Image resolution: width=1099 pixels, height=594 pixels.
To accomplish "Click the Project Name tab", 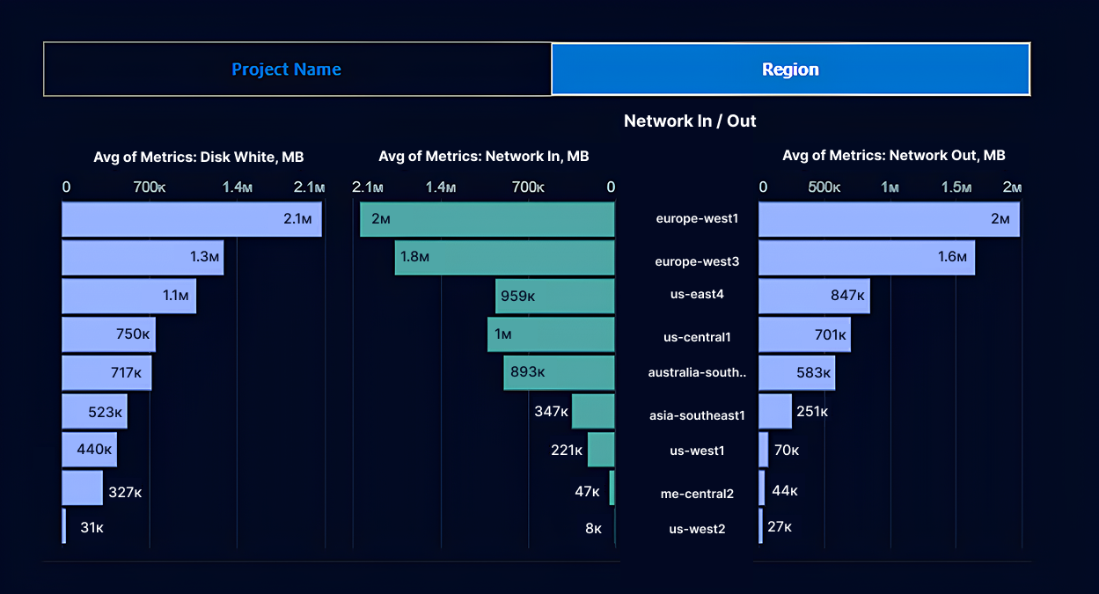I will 286,70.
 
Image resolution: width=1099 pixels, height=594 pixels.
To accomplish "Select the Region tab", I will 790,70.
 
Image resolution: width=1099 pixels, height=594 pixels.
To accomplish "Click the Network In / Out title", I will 690,121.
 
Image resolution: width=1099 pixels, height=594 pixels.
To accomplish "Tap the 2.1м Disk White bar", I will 191,219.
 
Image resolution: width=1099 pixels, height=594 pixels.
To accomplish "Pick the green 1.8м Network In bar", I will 504,257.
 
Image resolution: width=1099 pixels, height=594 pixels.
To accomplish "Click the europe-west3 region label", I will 697,261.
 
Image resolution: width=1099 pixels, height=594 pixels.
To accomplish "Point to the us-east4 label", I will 697,294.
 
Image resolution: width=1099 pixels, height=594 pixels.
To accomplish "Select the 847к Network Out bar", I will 814,296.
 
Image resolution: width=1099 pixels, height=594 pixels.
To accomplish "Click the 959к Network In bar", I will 554,296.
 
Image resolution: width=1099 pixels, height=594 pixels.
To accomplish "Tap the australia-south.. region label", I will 697,372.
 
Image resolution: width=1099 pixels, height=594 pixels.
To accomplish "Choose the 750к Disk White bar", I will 108,334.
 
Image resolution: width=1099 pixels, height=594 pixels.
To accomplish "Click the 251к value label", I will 812,412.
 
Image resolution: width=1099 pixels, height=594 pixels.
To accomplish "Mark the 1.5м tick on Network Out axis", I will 956,187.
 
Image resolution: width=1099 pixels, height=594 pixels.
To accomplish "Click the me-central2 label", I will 697,494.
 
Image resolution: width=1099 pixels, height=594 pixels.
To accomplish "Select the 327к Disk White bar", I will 82,488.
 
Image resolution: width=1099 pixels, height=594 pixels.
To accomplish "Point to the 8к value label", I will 593,529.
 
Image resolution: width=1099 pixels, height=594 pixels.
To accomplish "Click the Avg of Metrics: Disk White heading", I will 199,157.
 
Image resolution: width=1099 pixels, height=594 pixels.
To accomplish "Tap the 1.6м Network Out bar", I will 867,258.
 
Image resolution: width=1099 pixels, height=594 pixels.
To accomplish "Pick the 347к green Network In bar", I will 592,412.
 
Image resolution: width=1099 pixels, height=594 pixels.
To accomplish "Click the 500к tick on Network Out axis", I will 824,187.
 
